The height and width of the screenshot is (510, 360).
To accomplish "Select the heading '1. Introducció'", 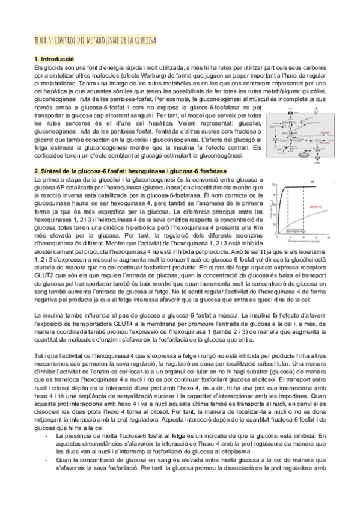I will pyautogui.click(x=54, y=59).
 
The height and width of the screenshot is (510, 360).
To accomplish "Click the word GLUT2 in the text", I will pyautogui.click(x=46, y=257).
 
